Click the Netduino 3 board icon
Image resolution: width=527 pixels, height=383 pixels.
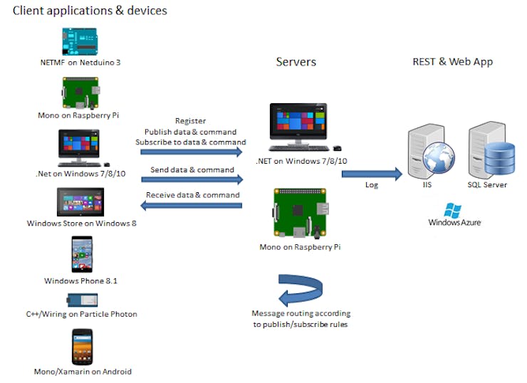pyautogui.click(x=80, y=41)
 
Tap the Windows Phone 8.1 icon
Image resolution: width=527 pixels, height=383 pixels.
pyautogui.click(x=80, y=255)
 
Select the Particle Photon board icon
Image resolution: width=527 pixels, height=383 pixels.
pyautogui.click(x=80, y=300)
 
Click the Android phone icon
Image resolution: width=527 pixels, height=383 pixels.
pyautogui.click(x=82, y=347)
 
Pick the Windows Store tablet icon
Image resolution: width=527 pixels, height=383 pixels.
pyautogui.click(x=80, y=202)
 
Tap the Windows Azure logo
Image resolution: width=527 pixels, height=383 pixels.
pyautogui.click(x=454, y=214)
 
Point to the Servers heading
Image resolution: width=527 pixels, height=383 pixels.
pyautogui.click(x=296, y=62)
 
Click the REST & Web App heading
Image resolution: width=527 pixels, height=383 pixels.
pyautogui.click(x=452, y=62)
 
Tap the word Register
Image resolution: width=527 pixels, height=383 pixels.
pyautogui.click(x=190, y=122)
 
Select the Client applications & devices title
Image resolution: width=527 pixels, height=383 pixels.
pyautogui.click(x=90, y=11)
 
